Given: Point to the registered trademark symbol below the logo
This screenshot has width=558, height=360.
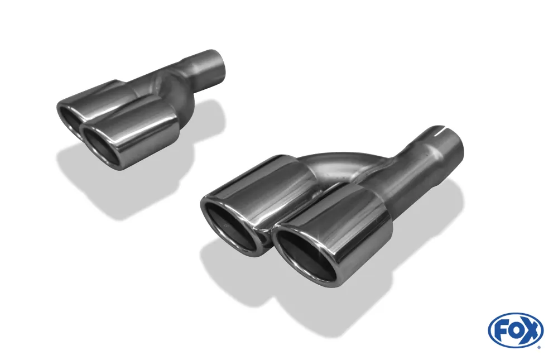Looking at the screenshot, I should click(538, 347).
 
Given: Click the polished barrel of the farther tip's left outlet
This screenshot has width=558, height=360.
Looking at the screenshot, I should click(100, 98).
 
